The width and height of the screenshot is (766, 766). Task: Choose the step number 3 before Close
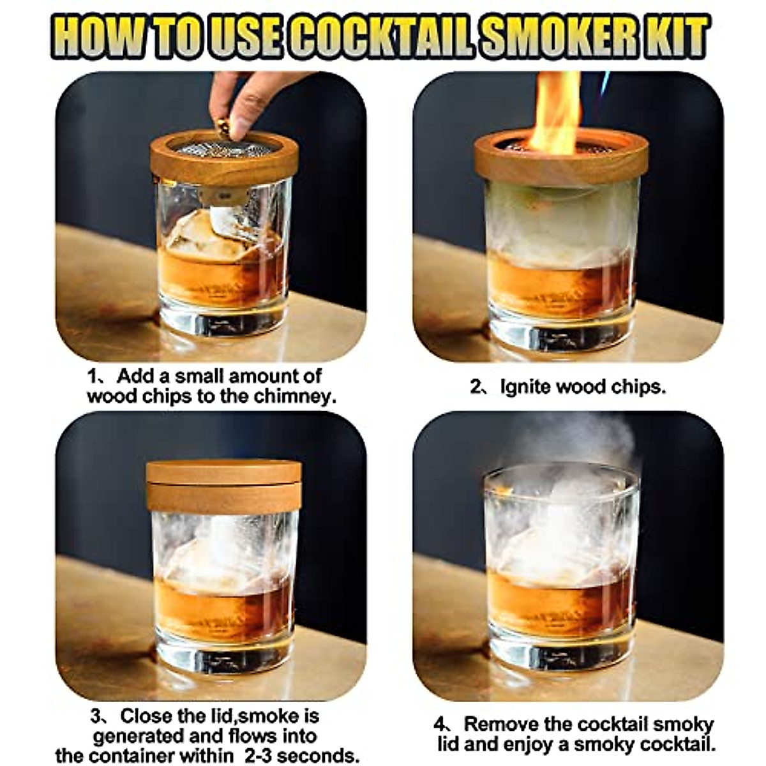point(98,716)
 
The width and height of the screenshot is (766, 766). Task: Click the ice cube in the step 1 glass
point(191,236)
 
